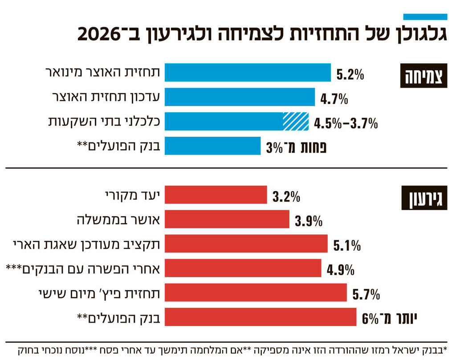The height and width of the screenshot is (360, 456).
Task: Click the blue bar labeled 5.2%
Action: [248, 73]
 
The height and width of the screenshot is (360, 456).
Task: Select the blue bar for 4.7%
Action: [240, 97]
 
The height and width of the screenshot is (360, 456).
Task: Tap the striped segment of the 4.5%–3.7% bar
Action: [296, 121]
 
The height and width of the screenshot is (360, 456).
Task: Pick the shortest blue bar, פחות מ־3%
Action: [212, 146]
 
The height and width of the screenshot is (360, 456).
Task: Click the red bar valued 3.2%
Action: [216, 195]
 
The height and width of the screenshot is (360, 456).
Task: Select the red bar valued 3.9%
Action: [227, 219]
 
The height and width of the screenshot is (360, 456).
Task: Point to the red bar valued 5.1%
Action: [246, 244]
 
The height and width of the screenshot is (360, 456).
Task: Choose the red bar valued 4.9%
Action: [243, 268]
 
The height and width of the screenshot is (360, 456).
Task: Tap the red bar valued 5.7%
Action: [256, 293]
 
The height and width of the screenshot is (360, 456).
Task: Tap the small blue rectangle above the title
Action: [425, 17]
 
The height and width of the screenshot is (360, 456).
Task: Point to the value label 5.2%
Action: [350, 74]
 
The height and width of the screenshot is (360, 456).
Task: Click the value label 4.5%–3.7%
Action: [346, 123]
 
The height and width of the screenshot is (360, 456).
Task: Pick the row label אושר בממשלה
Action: [118, 219]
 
